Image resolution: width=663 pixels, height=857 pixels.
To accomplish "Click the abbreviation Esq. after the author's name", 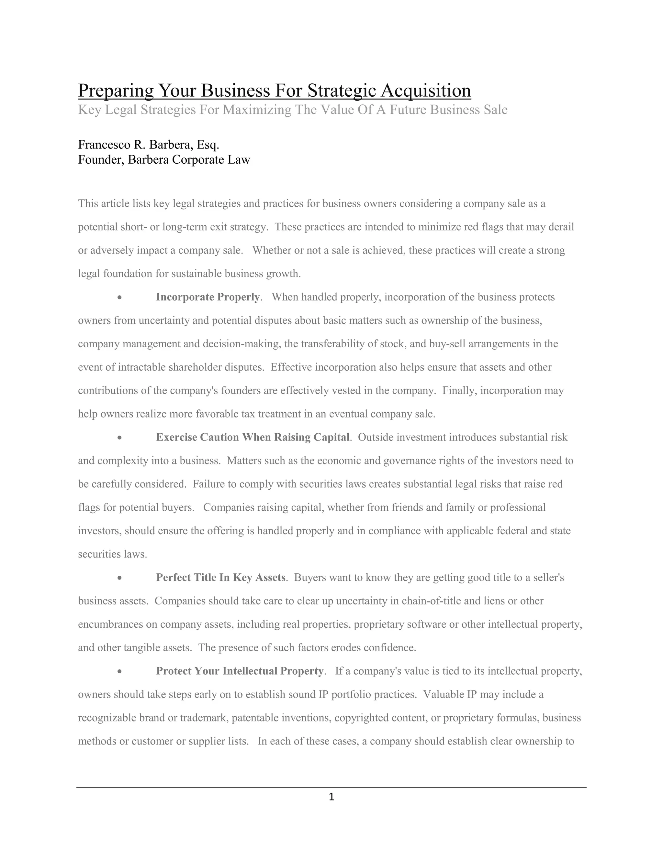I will coord(208,145).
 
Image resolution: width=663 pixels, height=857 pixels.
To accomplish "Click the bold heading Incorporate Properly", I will coord(208,297).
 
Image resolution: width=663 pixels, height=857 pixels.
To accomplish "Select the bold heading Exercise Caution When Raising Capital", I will coord(253,437).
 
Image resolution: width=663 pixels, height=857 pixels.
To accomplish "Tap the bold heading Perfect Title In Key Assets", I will coord(220,577).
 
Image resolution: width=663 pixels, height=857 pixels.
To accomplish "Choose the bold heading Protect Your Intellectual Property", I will coord(240,671).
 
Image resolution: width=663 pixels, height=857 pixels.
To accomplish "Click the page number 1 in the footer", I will coord(331,797).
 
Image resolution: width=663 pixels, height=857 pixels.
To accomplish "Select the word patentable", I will coord(255,718).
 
